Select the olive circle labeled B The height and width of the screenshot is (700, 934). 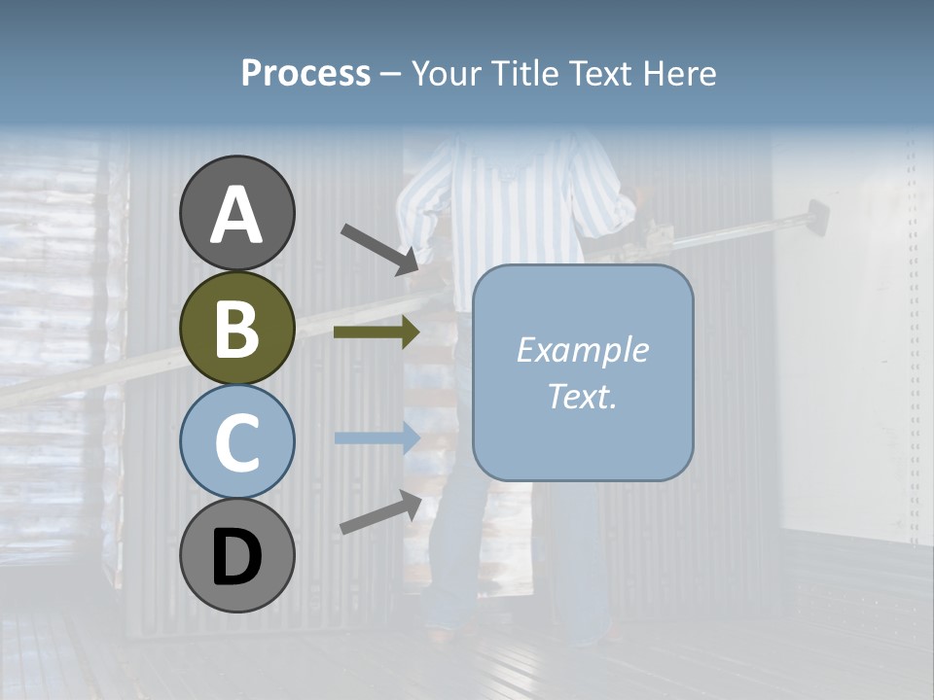237,328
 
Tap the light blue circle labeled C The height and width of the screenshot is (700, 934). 237,442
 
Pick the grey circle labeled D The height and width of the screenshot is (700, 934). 237,555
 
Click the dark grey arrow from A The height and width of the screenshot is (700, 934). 379,248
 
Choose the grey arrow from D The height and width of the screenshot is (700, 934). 380,513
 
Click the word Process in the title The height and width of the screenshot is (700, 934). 305,73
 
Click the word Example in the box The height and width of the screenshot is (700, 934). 582,350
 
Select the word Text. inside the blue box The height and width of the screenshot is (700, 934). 582,396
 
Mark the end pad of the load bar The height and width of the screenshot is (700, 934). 814,216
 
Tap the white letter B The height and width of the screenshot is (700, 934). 237,329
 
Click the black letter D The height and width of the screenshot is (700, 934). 237,556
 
